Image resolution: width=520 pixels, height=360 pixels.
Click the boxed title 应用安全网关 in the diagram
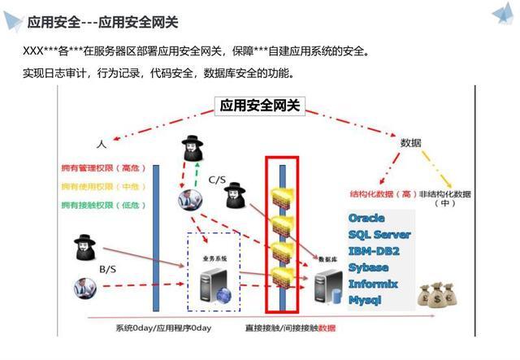pos(260,106)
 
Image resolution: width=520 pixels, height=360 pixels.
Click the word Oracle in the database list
pos(366,219)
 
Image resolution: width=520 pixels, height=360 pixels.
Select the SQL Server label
pos(379,235)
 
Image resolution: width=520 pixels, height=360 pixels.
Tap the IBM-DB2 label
pos(373,251)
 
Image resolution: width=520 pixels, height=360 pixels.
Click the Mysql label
pos(366,300)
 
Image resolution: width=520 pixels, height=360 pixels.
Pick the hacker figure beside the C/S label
pos(235,196)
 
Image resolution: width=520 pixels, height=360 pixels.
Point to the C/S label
pos(217,179)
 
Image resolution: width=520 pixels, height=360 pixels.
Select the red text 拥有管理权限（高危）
pos(102,169)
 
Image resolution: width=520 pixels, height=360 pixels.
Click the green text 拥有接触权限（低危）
pos(102,205)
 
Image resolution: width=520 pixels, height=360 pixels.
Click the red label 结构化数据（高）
pos(383,195)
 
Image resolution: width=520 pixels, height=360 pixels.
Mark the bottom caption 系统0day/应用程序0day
pos(163,328)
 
